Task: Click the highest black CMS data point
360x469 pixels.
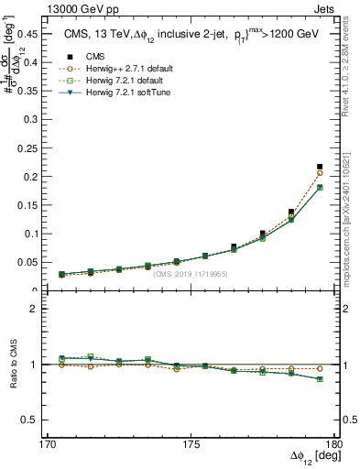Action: [320, 167]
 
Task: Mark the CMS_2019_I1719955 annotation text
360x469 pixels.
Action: [191, 274]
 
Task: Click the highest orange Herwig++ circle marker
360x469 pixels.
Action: [320, 173]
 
